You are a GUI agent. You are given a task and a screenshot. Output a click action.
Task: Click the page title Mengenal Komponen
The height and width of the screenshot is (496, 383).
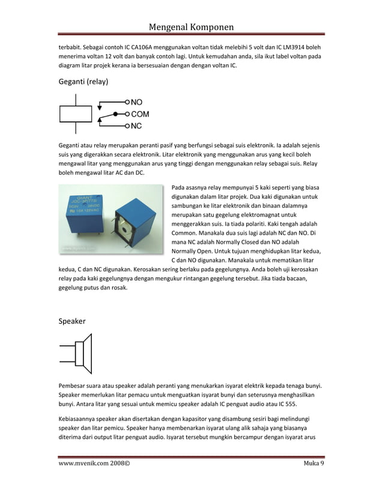coord(191,26)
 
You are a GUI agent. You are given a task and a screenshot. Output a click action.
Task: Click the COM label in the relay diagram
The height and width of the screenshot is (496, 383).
coord(140,113)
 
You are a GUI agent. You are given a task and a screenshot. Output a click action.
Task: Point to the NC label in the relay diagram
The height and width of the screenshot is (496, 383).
coord(136,126)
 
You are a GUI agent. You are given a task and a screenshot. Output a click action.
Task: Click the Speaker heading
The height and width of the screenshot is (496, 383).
coord(72,321)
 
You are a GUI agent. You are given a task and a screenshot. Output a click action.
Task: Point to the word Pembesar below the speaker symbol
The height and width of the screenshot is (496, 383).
coord(74,385)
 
